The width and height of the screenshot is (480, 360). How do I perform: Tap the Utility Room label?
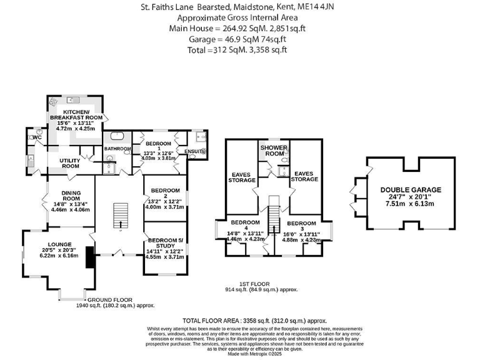(69, 164)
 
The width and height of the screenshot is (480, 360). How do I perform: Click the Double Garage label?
(411, 190)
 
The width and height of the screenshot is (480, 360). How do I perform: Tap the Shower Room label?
(274, 151)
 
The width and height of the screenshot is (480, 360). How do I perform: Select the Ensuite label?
(195, 151)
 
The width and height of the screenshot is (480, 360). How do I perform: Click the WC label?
(36, 137)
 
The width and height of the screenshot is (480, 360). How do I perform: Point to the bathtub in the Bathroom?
(116, 136)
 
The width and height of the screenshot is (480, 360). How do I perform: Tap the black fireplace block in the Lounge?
(89, 257)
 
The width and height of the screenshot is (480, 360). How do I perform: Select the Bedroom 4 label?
(244, 226)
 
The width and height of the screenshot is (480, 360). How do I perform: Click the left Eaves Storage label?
(242, 177)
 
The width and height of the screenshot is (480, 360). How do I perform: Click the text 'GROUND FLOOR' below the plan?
(102, 300)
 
